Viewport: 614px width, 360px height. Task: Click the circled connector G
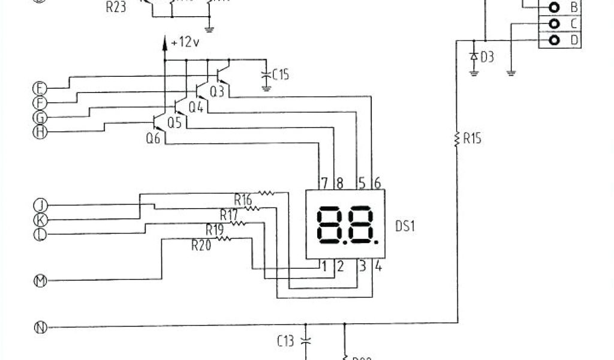pyautogui.click(x=40, y=117)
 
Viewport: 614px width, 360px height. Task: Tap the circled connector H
pyautogui.click(x=40, y=132)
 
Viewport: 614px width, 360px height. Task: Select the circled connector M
pyautogui.click(x=40, y=280)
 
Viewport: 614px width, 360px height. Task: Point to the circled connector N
pyautogui.click(x=40, y=328)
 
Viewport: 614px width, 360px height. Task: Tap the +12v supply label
pyautogui.click(x=184, y=43)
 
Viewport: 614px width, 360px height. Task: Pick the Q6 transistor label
pyautogui.click(x=153, y=137)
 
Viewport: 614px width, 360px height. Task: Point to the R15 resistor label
pyautogui.click(x=472, y=139)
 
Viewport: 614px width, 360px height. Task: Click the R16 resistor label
pyautogui.click(x=243, y=199)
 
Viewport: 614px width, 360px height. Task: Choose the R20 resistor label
pyautogui.click(x=201, y=245)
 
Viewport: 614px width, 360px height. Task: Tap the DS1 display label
pyautogui.click(x=405, y=227)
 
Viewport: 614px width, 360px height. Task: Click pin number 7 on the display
pyautogui.click(x=324, y=182)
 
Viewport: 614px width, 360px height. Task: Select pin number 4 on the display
pyautogui.click(x=378, y=266)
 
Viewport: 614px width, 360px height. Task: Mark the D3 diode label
pyautogui.click(x=487, y=57)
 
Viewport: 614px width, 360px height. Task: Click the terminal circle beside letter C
pyautogui.click(x=555, y=24)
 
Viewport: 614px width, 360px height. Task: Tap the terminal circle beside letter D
pyautogui.click(x=555, y=40)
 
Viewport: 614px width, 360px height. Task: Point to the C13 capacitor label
pyautogui.click(x=285, y=341)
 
